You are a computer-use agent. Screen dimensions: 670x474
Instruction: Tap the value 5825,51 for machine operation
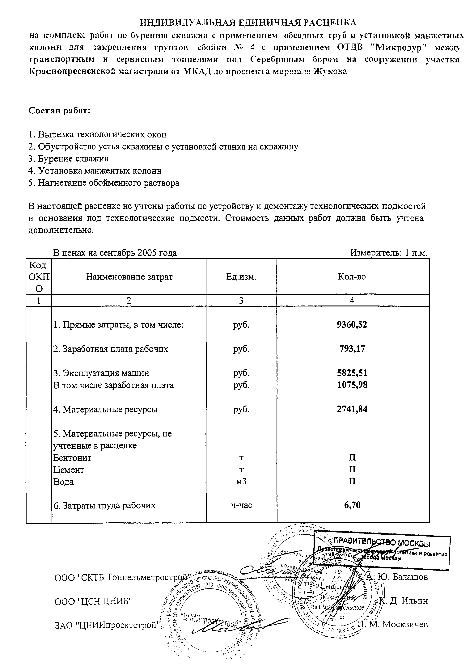[352, 373]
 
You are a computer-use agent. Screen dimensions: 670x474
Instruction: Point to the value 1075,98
[352, 385]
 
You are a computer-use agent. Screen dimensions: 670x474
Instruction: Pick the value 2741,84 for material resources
[352, 409]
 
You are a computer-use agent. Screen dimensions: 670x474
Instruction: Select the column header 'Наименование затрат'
[129, 277]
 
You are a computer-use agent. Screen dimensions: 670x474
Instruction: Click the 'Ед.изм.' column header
[241, 277]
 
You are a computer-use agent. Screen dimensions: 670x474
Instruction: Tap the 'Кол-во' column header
[352, 277]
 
